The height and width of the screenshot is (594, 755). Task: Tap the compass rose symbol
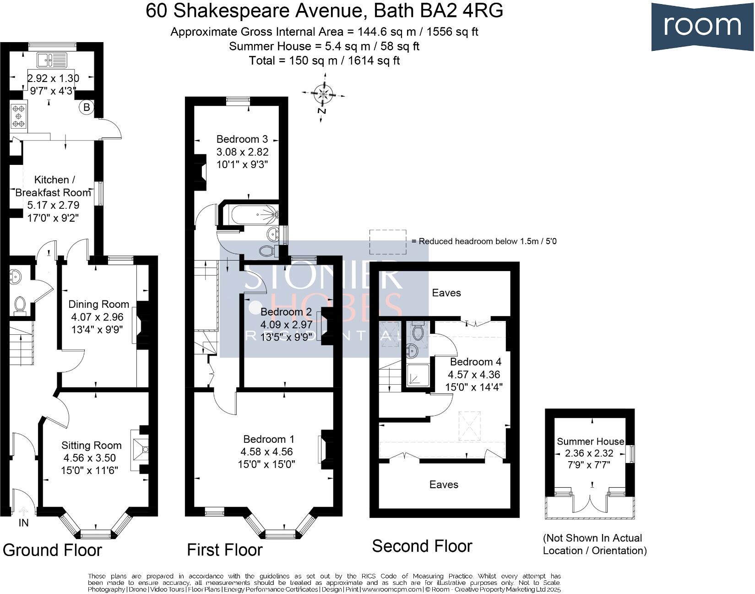(x=323, y=95)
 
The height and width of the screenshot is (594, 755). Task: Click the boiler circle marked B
(x=86, y=108)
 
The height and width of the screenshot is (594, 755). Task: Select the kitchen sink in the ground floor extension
(x=53, y=59)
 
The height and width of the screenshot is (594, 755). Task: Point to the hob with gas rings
(x=19, y=116)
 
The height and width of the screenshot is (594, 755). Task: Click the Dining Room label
(x=98, y=305)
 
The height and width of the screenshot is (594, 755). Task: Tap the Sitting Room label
(x=92, y=446)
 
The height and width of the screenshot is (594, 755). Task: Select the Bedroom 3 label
(x=242, y=139)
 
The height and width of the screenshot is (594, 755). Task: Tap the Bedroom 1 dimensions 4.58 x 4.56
(x=266, y=452)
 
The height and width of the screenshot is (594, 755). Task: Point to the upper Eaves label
(x=446, y=293)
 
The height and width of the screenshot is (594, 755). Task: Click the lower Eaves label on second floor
(x=444, y=485)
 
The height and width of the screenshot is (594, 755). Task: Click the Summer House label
(x=590, y=441)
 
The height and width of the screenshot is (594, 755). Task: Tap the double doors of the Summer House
(x=591, y=504)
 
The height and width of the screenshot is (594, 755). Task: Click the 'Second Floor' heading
(x=422, y=546)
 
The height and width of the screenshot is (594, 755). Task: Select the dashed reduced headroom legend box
(x=388, y=242)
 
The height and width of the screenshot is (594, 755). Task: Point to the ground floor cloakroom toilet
(x=20, y=305)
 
